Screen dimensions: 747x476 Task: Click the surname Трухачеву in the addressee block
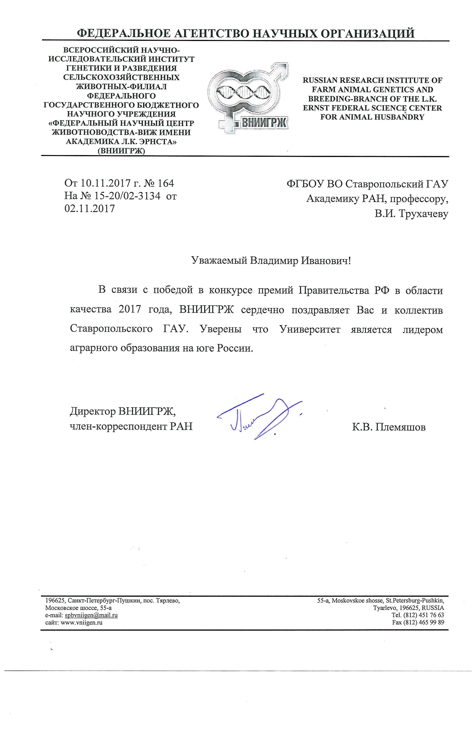tap(423, 214)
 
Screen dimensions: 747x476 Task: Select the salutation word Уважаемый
tap(219, 260)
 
